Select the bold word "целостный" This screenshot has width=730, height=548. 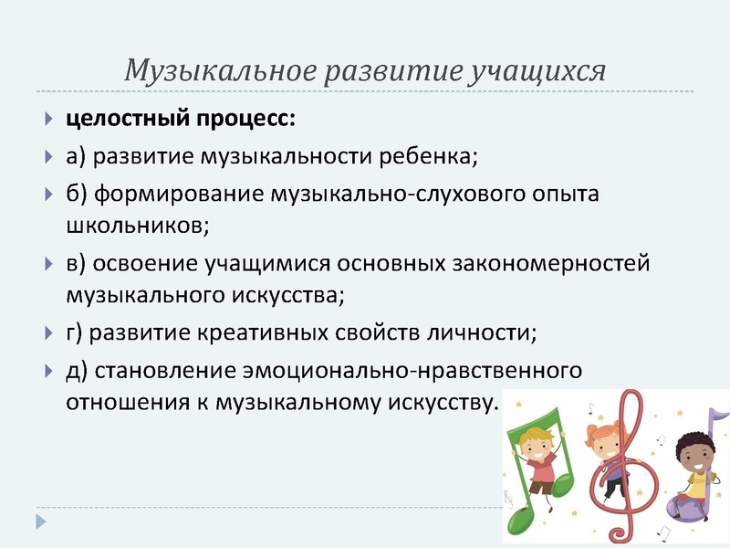point(120,120)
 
